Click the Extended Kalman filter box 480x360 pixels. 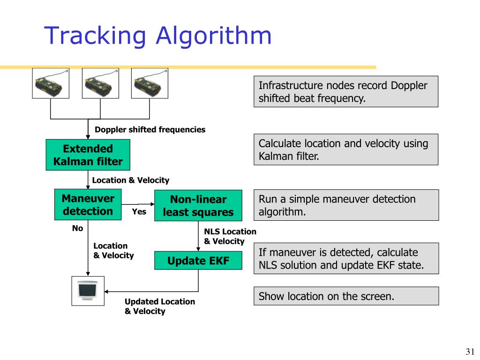tap(88, 155)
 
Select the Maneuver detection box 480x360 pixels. tap(88, 205)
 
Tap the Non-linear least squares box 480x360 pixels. tap(198, 205)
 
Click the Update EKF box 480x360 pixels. tap(198, 261)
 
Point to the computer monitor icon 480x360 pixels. tap(88, 291)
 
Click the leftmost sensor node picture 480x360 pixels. tap(51, 83)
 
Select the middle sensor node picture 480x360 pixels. tap(100, 83)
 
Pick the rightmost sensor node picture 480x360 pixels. tap(150, 83)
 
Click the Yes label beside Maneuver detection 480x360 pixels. tap(139, 212)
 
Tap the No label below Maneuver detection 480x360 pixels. tap(77, 228)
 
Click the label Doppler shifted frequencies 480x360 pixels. tap(150, 130)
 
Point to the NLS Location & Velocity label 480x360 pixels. tap(230, 236)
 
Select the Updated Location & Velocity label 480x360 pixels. tap(159, 306)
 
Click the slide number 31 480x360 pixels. tap(470, 352)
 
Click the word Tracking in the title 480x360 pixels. tap(93, 36)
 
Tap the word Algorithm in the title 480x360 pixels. tap(214, 36)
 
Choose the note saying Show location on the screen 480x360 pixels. tap(346, 296)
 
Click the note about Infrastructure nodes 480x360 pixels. tap(346, 91)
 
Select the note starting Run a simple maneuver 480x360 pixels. tap(346, 205)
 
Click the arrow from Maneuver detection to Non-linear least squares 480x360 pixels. tap(138, 204)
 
